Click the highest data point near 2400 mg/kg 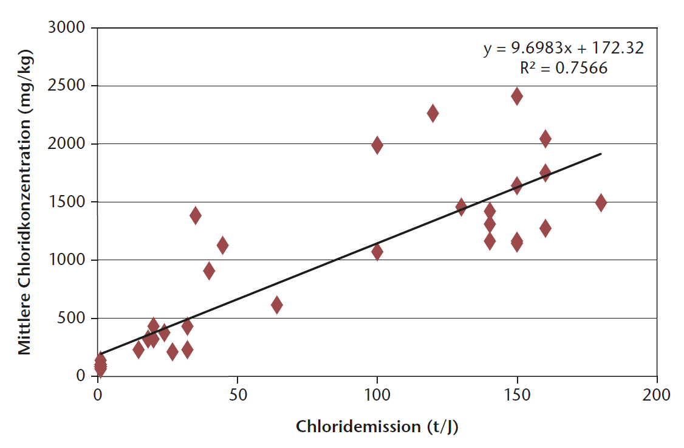[x=517, y=96]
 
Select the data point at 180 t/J [x=601, y=202]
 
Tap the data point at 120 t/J [x=433, y=113]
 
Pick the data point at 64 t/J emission [x=277, y=305]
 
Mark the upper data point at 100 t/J [x=377, y=145]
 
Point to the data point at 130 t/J [x=461, y=207]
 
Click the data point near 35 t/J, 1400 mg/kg [x=196, y=215]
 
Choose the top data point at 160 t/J [x=545, y=139]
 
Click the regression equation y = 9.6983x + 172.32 [x=563, y=48]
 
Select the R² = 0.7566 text [x=563, y=68]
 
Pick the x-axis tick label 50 [x=237, y=395]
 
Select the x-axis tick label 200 [x=657, y=395]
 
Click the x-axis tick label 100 [x=377, y=395]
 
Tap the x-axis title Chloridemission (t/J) [x=377, y=427]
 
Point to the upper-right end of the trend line [x=601, y=154]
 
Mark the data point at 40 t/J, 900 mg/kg [x=209, y=271]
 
